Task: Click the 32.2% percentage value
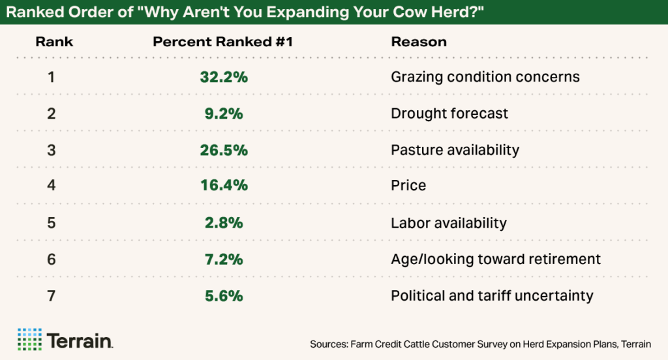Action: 224,77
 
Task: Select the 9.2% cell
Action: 224,113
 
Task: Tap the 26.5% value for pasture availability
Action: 224,150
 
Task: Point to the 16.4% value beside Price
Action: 224,186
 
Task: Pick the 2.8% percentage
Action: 224,222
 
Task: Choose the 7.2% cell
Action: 224,259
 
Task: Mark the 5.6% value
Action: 224,295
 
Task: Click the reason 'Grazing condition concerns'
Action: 485,77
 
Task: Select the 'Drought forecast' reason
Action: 449,113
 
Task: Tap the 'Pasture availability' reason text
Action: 455,150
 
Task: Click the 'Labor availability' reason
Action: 448,222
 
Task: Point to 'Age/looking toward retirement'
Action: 495,259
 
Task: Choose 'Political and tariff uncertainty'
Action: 492,295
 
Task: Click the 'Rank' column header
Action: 54,42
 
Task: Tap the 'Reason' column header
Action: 418,42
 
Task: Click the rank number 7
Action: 52,295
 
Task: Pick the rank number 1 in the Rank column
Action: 52,77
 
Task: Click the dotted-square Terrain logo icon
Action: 29,339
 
